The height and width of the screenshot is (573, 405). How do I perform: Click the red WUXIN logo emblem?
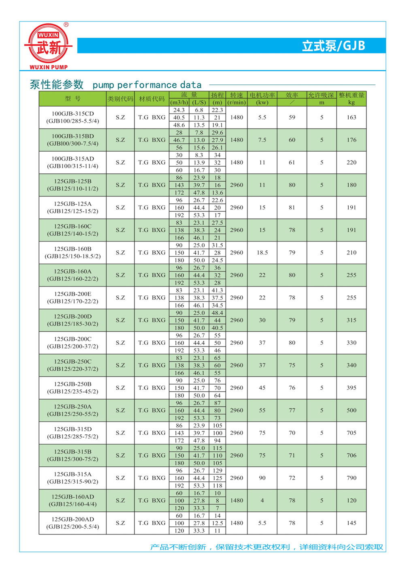click(x=49, y=45)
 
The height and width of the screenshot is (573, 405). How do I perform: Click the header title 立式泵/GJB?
click(x=333, y=46)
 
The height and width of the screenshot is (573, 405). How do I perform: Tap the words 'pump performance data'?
click(x=147, y=85)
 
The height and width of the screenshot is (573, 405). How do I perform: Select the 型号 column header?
click(x=73, y=98)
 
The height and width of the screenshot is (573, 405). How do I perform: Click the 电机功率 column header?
click(x=262, y=95)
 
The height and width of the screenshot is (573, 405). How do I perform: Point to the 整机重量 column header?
click(x=352, y=95)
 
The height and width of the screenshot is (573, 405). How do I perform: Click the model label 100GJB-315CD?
click(x=73, y=113)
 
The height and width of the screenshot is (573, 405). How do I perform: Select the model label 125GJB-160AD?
click(x=73, y=496)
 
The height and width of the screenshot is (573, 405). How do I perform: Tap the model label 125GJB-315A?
click(x=73, y=474)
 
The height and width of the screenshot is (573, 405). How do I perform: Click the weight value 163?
click(x=352, y=118)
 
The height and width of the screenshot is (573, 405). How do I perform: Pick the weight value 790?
click(x=352, y=478)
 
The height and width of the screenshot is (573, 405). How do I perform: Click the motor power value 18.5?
click(x=262, y=252)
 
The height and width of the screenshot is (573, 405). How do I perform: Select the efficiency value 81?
click(x=292, y=207)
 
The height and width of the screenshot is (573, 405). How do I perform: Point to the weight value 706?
click(x=352, y=455)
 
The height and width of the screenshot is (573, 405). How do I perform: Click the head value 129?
click(x=217, y=470)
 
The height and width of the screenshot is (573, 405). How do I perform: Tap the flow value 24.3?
click(x=179, y=110)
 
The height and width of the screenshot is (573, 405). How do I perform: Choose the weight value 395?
click(x=352, y=388)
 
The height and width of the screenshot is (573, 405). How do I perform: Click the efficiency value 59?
click(x=292, y=118)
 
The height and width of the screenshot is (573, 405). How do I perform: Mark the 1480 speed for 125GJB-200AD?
click(x=237, y=523)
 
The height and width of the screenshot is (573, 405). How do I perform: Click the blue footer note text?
click(x=266, y=547)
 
